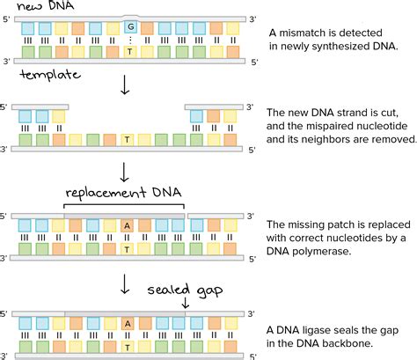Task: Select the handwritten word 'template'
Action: click(43, 77)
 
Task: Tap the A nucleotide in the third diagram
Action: click(128, 226)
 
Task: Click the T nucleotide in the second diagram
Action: click(128, 139)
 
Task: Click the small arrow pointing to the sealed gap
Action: click(186, 302)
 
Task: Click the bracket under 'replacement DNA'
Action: click(123, 207)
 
